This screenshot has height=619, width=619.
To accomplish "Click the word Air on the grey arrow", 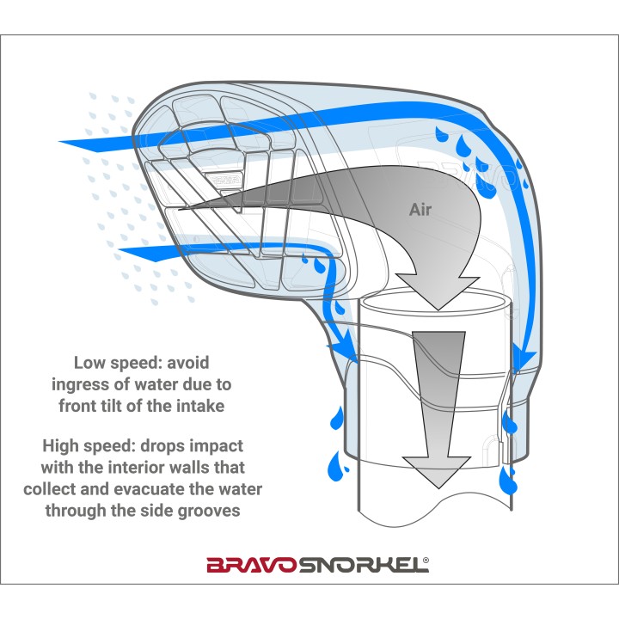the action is click(x=420, y=209).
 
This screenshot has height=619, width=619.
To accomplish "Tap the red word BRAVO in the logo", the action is click(x=253, y=565).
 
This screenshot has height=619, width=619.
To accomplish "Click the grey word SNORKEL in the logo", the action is click(x=363, y=565).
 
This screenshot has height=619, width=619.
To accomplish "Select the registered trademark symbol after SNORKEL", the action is click(x=426, y=560).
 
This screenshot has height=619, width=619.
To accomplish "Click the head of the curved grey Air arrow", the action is click(x=438, y=292).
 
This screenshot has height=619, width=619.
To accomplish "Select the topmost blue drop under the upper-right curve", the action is click(x=441, y=134).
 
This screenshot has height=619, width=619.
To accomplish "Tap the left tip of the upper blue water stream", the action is click(x=59, y=141).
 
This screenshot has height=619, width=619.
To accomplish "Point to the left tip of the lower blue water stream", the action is click(x=120, y=249).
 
